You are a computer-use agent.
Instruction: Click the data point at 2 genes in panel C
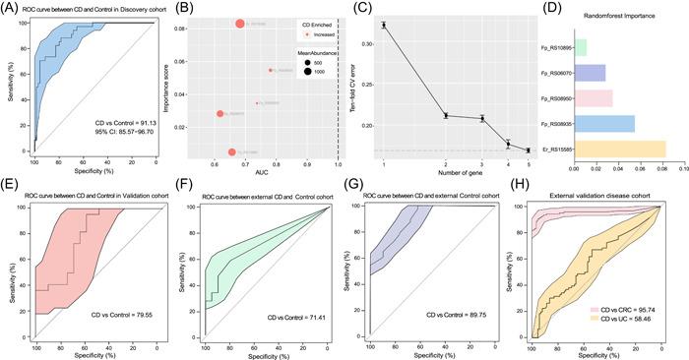pos(446,115)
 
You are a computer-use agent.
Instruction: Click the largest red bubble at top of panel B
pos(239,23)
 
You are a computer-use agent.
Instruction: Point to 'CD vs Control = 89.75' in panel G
pos(458,316)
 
